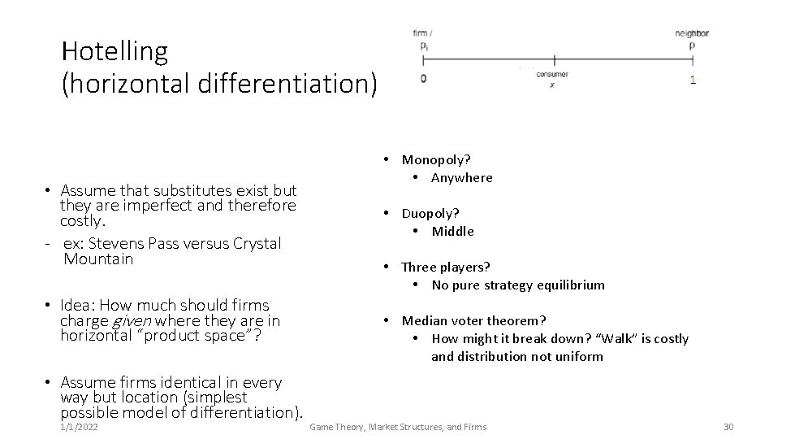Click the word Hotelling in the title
pyautogui.click(x=114, y=52)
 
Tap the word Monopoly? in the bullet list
pyautogui.click(x=436, y=160)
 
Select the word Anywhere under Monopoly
pyautogui.click(x=461, y=178)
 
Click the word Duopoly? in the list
pyautogui.click(x=430, y=214)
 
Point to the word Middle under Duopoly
pyautogui.click(x=452, y=232)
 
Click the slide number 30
pyautogui.click(x=728, y=427)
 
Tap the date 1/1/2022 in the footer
pyautogui.click(x=80, y=427)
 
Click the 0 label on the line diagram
pyautogui.click(x=423, y=79)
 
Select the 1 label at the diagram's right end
pyautogui.click(x=692, y=80)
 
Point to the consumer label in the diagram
pyautogui.click(x=552, y=75)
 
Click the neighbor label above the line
pyautogui.click(x=692, y=33)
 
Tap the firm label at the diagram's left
pyautogui.click(x=421, y=33)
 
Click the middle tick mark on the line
pyautogui.click(x=554, y=59)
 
